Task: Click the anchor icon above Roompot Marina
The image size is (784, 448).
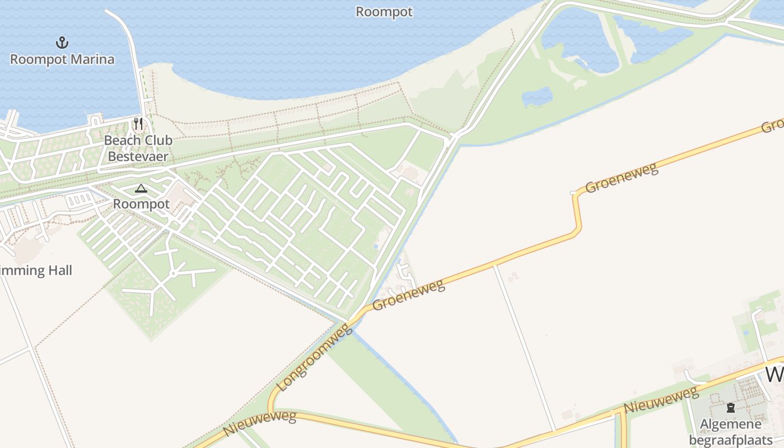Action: click(x=62, y=43)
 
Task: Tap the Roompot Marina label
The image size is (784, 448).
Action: click(x=62, y=59)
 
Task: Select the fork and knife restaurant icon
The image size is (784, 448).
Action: click(x=138, y=124)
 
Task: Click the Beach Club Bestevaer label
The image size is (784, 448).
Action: click(x=138, y=148)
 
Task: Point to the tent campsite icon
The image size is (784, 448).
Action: click(x=141, y=189)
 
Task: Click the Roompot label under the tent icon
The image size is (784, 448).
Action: click(x=141, y=204)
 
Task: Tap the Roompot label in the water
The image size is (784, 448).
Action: click(x=384, y=12)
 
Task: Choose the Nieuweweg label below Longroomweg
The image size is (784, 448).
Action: click(x=260, y=422)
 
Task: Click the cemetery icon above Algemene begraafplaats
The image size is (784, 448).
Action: click(x=730, y=408)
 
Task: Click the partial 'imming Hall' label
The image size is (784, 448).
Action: click(x=36, y=270)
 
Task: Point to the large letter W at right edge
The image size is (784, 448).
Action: click(x=774, y=374)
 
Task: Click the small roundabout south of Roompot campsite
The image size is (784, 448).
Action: click(x=174, y=273)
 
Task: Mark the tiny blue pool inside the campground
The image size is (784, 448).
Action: click(x=375, y=246)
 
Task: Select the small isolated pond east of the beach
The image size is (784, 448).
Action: click(x=537, y=97)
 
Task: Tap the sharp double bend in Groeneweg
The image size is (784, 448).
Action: click(x=577, y=213)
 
